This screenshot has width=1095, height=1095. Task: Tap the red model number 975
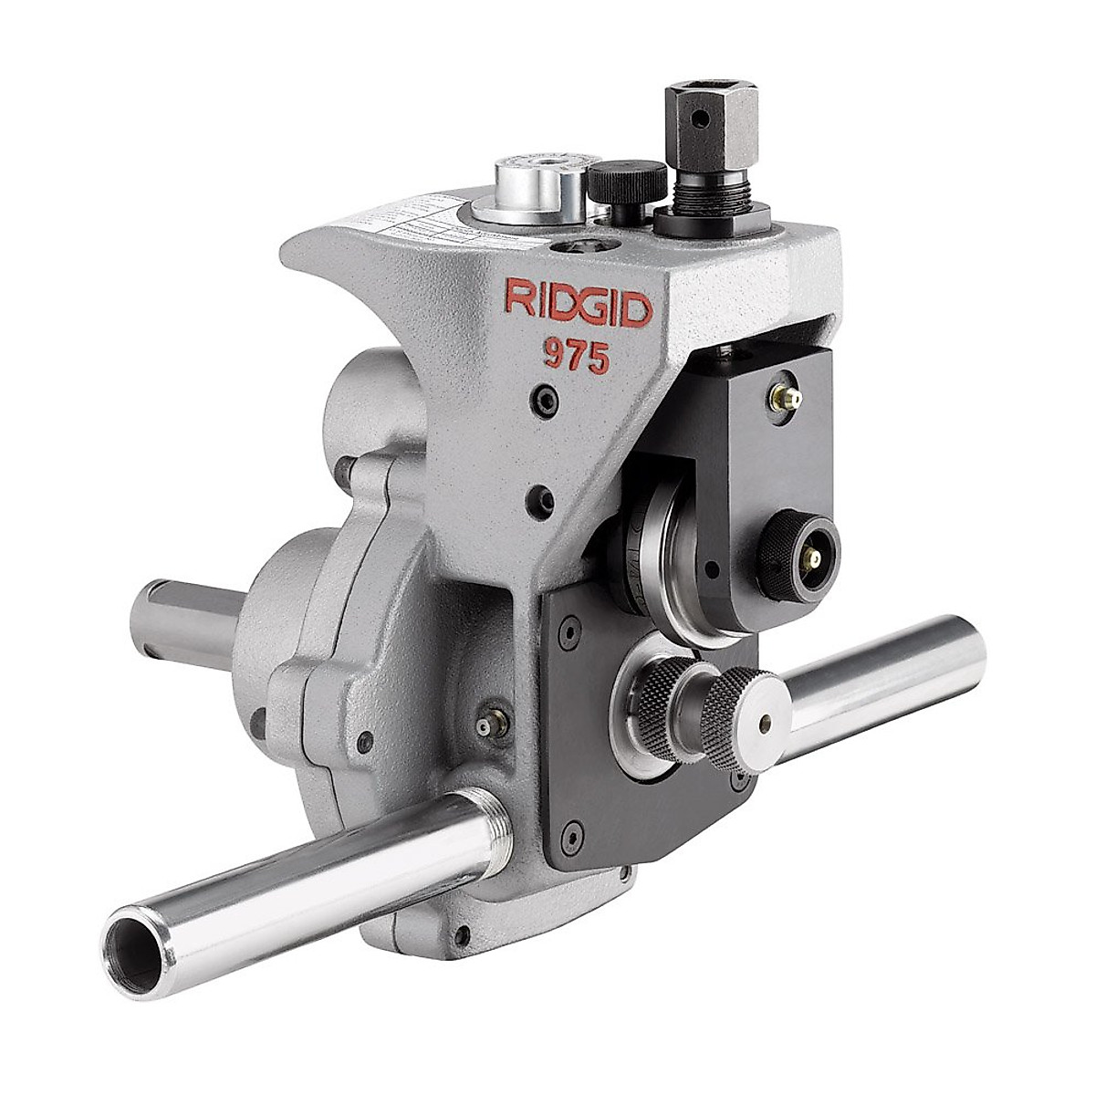point(576,356)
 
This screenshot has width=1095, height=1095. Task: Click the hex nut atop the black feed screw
point(710,118)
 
